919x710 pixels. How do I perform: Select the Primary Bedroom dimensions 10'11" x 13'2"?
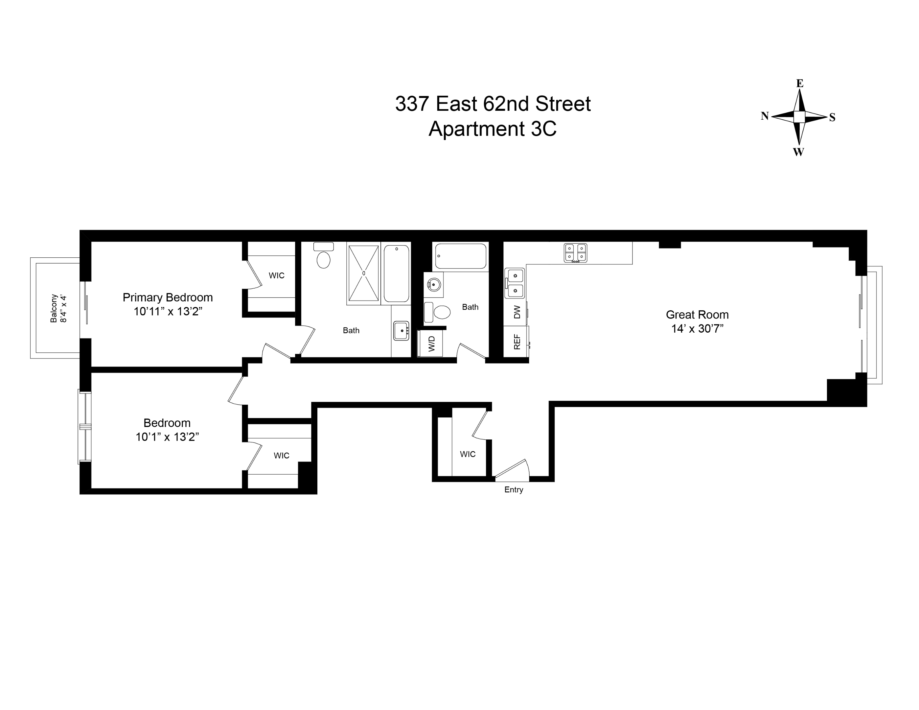(168, 311)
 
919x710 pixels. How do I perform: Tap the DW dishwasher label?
(517, 312)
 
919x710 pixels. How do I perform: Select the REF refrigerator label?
(517, 342)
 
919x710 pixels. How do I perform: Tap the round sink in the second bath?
(434, 285)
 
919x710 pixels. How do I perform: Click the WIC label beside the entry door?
(468, 454)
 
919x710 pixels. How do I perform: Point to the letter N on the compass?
(765, 116)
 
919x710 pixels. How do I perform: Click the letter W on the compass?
(798, 152)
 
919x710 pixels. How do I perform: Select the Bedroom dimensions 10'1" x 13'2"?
(167, 437)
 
